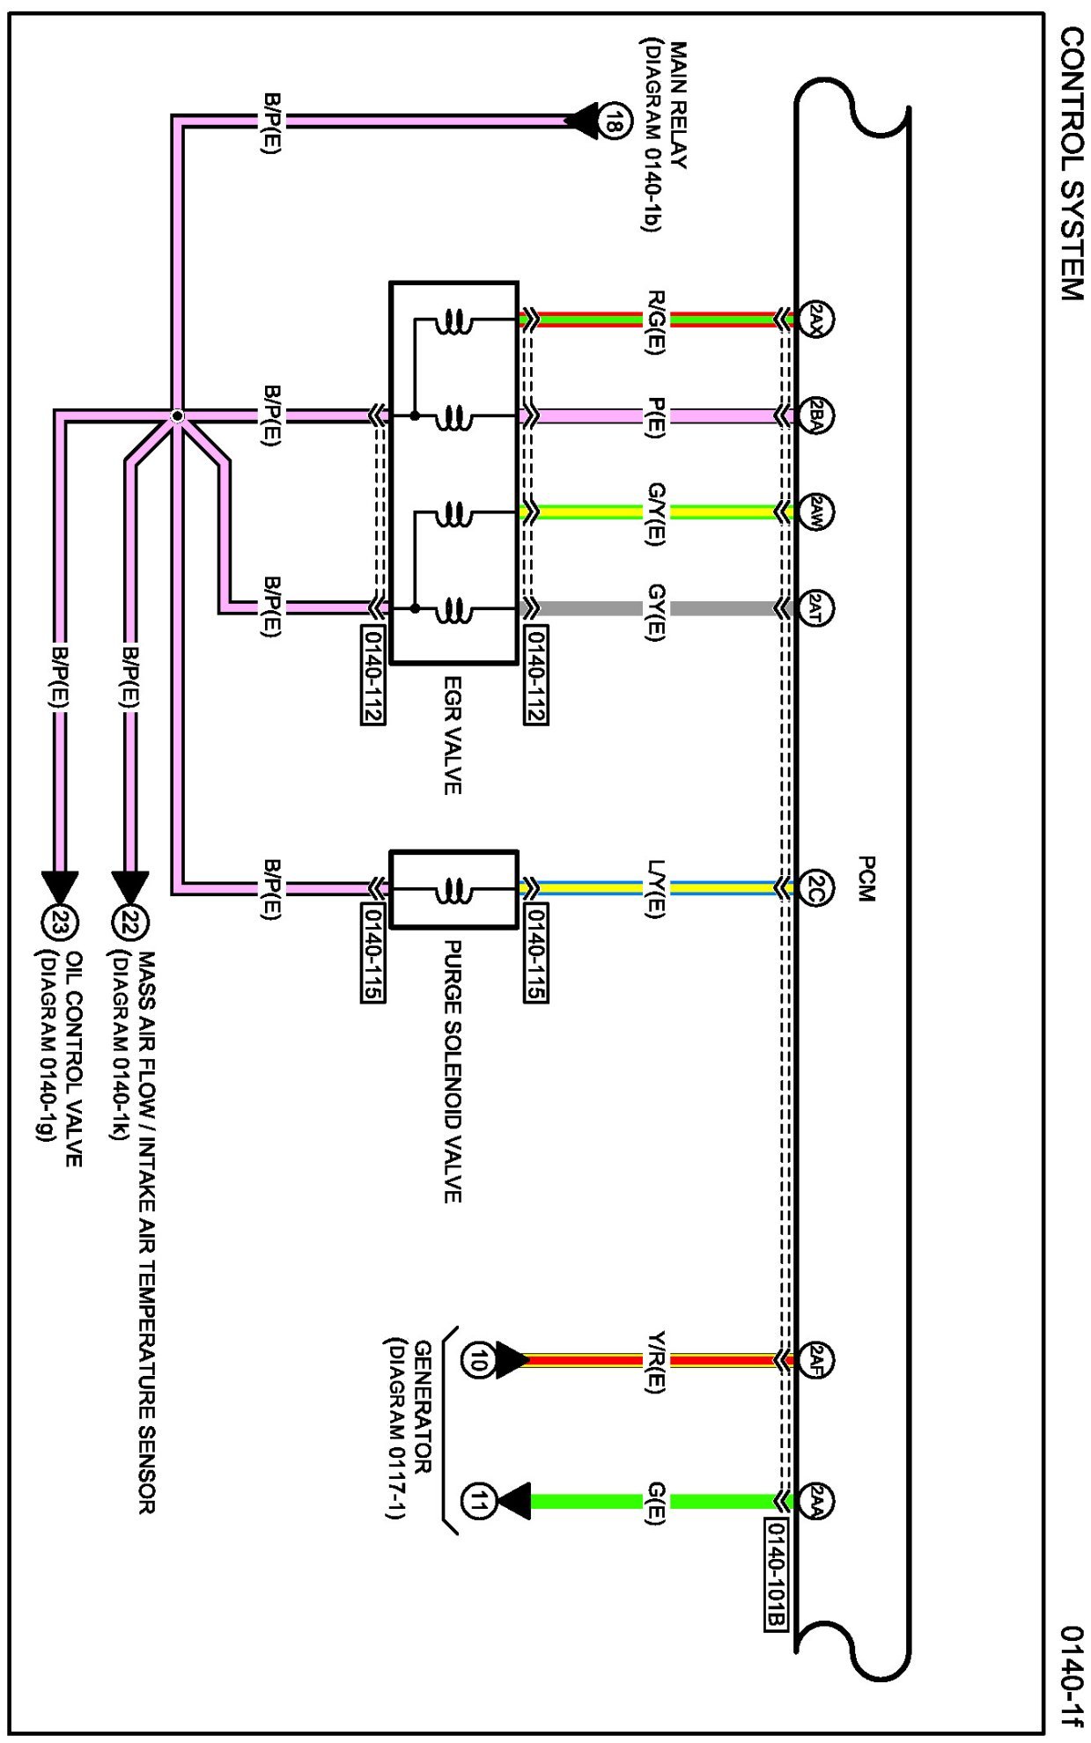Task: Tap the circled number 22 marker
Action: pyautogui.click(x=130, y=923)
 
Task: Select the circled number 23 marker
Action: pyautogui.click(x=60, y=923)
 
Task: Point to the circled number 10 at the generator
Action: pyautogui.click(x=476, y=1360)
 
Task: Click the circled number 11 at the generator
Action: pyautogui.click(x=476, y=1501)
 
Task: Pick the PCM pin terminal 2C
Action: pyautogui.click(x=815, y=886)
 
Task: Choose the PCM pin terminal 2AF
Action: pyautogui.click(x=815, y=1360)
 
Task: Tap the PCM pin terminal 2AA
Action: pyautogui.click(x=815, y=1501)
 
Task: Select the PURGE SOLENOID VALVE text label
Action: pyautogui.click(x=452, y=1070)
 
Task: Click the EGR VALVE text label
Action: pyautogui.click(x=452, y=735)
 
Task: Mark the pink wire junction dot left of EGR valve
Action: pyautogui.click(x=177, y=416)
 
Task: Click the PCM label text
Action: pyautogui.click(x=866, y=878)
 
